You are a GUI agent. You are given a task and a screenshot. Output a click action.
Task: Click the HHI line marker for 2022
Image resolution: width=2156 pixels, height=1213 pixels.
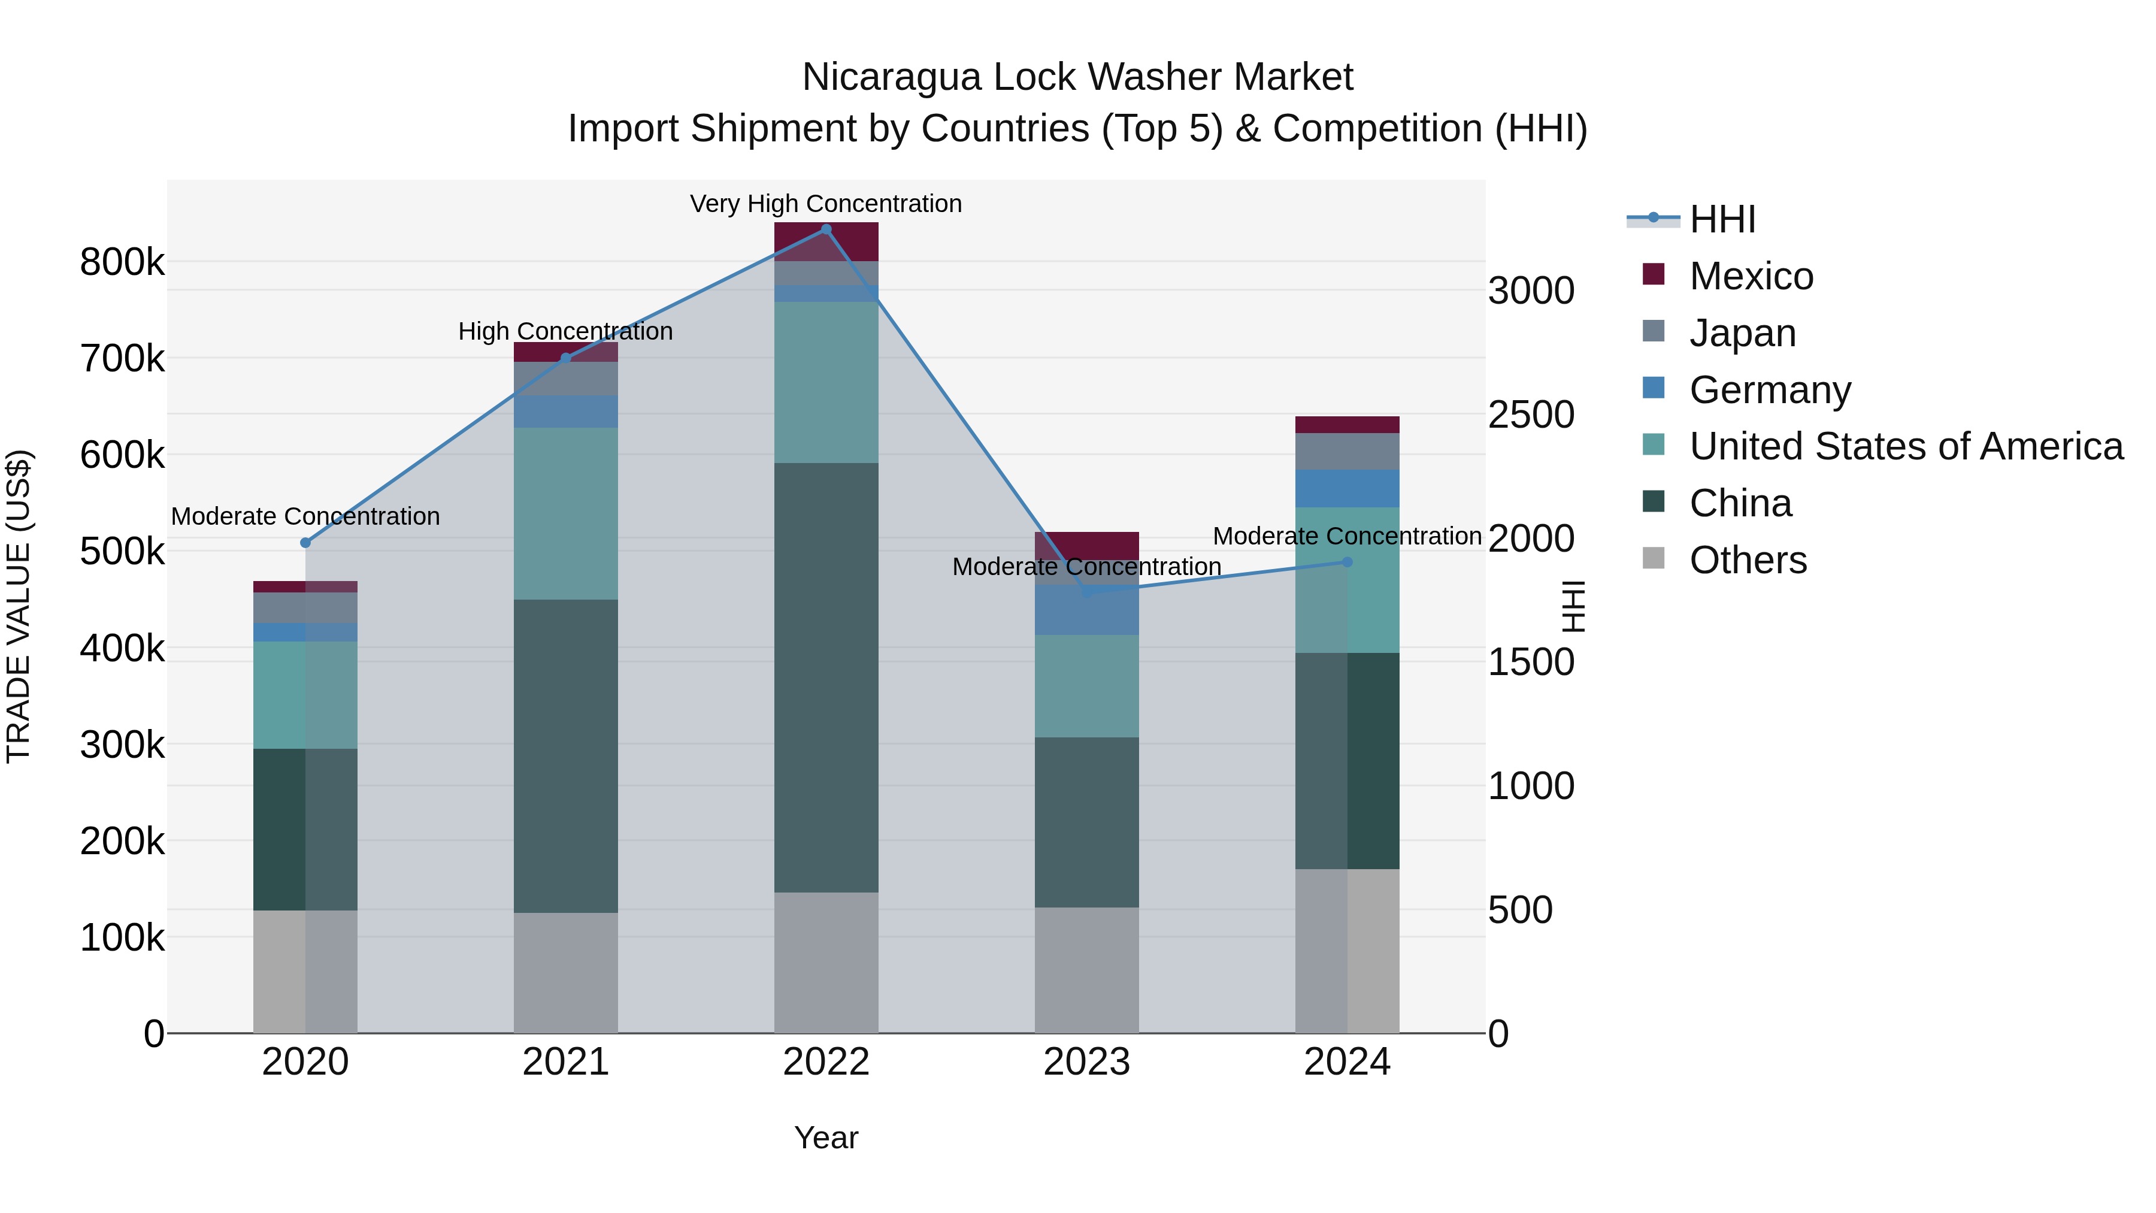tap(826, 229)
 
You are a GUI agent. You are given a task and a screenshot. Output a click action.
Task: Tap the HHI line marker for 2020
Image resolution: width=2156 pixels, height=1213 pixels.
tap(305, 543)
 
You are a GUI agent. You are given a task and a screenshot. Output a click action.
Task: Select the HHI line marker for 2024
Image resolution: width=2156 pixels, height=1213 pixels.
tap(1347, 562)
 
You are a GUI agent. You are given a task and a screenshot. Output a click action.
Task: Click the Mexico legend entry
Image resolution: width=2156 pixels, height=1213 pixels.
tap(1751, 276)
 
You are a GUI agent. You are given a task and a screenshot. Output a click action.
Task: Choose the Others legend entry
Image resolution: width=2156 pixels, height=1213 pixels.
tap(1748, 560)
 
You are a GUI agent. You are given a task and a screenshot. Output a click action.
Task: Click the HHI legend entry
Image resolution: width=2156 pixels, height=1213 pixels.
tap(1722, 219)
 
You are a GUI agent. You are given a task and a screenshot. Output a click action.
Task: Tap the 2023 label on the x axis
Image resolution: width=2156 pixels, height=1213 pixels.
tap(1086, 1062)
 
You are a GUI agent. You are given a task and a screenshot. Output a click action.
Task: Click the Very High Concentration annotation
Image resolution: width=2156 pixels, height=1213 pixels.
tap(826, 204)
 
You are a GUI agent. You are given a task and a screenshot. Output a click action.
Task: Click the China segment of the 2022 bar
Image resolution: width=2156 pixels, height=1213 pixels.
tap(826, 678)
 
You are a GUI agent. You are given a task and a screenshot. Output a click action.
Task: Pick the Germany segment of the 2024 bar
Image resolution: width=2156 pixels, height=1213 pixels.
tap(1347, 489)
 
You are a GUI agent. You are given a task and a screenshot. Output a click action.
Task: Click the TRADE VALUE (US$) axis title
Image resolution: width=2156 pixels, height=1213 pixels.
tap(19, 606)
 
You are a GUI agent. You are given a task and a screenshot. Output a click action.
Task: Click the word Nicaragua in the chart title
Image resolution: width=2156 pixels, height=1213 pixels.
tap(891, 77)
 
